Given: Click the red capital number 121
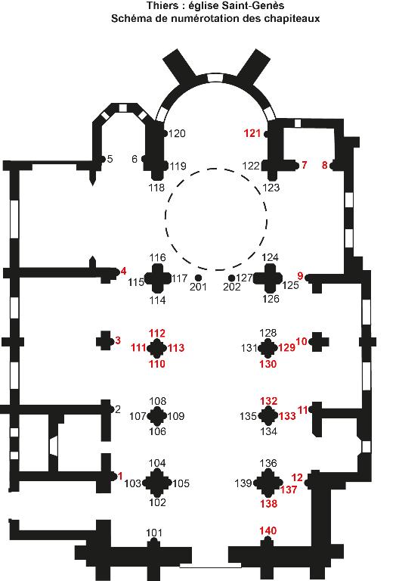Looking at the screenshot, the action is (252, 133).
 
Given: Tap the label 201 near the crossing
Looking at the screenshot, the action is (198, 287).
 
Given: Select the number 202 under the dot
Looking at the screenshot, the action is (232, 287).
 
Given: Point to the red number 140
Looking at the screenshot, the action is (268, 530).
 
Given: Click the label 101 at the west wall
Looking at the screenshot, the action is (154, 533).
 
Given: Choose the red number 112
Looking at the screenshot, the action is (157, 333).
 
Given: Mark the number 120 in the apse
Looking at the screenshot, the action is (177, 133).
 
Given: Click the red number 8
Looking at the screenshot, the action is (325, 165).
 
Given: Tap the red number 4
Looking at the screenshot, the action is (123, 272).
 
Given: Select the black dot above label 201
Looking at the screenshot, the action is (199, 278).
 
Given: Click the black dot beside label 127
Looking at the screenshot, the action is (232, 278).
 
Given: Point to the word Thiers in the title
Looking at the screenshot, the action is (159, 6).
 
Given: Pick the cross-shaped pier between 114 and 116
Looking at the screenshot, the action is (158, 278).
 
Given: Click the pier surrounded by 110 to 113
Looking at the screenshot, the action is (157, 348).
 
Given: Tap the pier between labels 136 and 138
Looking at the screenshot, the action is (268, 483).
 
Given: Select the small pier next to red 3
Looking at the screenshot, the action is (105, 340).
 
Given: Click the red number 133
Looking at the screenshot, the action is (287, 416).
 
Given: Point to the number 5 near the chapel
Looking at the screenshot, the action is (110, 160).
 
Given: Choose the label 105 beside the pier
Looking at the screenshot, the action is (181, 483).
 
